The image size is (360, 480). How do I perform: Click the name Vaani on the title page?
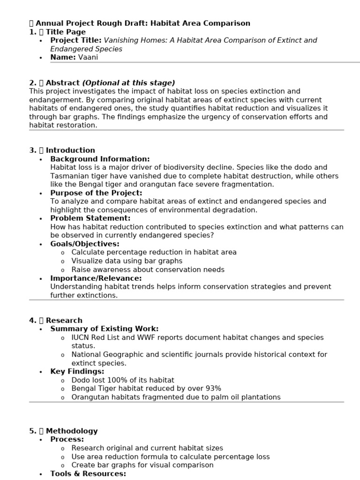[x=88, y=57]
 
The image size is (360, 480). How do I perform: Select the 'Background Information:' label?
[x=100, y=159]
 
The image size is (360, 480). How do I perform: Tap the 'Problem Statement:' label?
[x=90, y=218]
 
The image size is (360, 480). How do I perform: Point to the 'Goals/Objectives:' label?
[x=85, y=244]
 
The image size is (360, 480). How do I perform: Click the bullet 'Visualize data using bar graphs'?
[x=127, y=261]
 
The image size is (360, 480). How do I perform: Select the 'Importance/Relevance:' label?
[x=96, y=278]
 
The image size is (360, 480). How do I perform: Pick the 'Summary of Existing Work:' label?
[x=104, y=329]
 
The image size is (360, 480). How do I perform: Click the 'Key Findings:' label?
[x=77, y=371]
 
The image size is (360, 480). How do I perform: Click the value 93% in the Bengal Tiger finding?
[x=213, y=389]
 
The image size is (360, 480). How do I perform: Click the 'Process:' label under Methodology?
[x=67, y=439]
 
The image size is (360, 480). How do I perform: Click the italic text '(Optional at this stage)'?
[x=128, y=83]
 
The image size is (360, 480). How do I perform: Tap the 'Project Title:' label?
[x=75, y=40]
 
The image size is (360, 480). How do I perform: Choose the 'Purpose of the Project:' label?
[x=96, y=193]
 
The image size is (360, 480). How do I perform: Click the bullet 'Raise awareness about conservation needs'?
[x=148, y=270]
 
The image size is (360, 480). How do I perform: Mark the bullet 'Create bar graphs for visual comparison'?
[x=142, y=465]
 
